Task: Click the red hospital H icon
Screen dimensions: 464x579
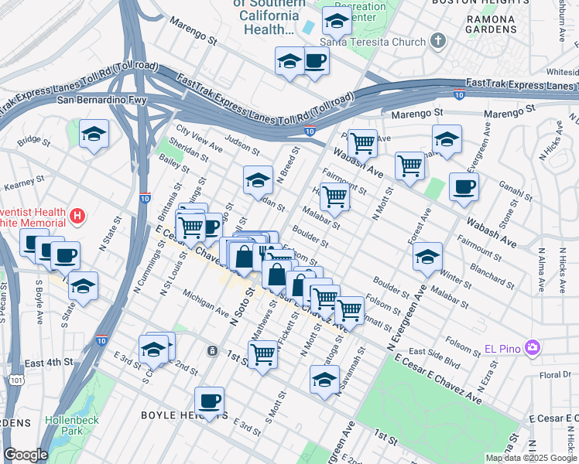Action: click(x=77, y=217)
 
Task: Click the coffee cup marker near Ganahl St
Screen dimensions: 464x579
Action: click(x=464, y=186)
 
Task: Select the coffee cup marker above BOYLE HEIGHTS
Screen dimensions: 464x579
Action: click(x=209, y=401)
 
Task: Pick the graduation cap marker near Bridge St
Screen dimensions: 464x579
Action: click(x=94, y=133)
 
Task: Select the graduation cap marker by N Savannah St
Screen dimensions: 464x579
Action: click(x=324, y=379)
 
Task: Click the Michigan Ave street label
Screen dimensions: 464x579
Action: click(x=205, y=303)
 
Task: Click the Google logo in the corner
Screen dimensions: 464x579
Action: click(x=26, y=455)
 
